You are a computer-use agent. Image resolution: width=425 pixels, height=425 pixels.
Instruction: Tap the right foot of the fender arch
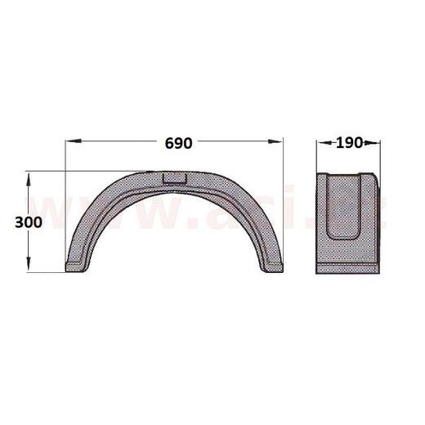(271, 265)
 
